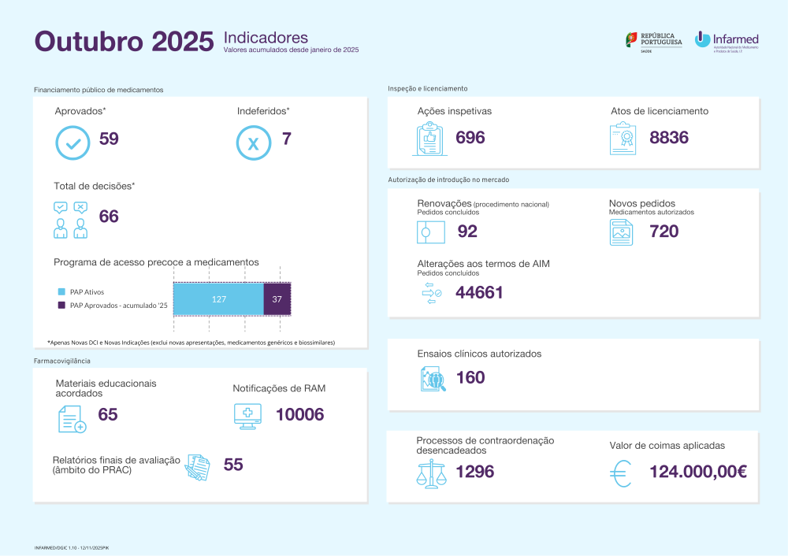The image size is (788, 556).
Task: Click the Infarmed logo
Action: point(726,41)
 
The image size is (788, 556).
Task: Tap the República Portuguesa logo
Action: point(653,41)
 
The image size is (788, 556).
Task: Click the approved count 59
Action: point(109,140)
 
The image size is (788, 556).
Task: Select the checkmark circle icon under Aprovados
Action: point(72,143)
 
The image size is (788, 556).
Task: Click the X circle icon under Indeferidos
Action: point(254,143)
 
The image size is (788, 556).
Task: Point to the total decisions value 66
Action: point(109,217)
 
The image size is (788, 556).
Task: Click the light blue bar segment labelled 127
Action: point(218,299)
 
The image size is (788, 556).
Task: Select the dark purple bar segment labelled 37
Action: point(277,299)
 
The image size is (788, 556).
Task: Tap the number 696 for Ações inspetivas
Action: point(470,138)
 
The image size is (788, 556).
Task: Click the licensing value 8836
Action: point(669,138)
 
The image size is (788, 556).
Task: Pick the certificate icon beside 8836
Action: point(623,140)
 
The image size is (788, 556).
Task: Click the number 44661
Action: point(479,293)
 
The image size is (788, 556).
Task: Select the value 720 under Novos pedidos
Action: point(664,232)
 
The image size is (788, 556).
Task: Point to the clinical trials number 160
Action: point(470,378)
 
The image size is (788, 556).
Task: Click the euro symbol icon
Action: point(621,473)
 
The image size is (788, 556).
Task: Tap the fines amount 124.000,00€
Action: point(698,472)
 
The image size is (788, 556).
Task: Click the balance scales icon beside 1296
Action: point(430,474)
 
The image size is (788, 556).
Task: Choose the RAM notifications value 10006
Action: point(299,415)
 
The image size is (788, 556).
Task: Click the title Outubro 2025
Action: point(124,42)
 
